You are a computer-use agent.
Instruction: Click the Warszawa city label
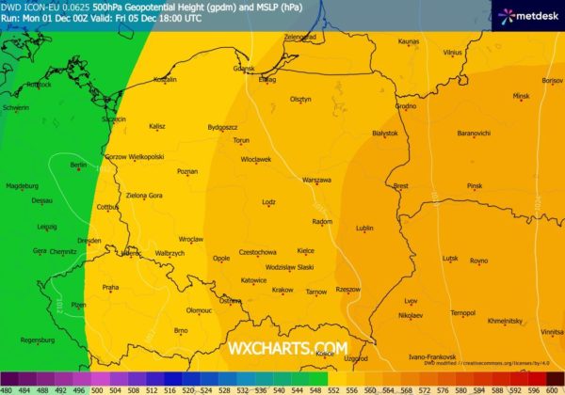316,179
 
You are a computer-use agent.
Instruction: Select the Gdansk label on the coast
244,68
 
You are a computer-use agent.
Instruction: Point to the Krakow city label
282,290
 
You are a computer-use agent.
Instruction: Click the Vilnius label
453,53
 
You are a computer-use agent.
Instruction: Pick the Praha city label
110,287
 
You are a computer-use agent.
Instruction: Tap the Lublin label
364,228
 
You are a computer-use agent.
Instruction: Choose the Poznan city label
187,171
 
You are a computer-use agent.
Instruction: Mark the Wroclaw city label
191,239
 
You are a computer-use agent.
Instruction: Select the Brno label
182,330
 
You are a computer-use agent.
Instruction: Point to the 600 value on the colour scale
556,388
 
